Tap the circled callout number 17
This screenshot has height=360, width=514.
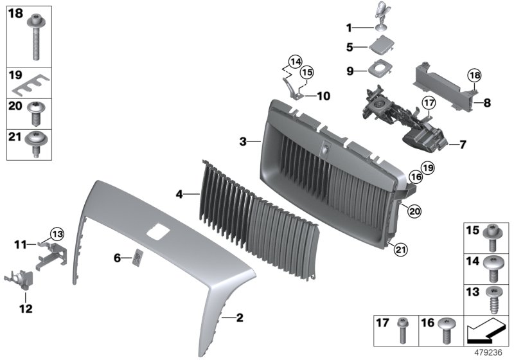pyautogui.click(x=429, y=102)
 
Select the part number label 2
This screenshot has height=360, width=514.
pyautogui.click(x=238, y=318)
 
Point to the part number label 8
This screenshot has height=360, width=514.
pyautogui.click(x=486, y=102)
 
